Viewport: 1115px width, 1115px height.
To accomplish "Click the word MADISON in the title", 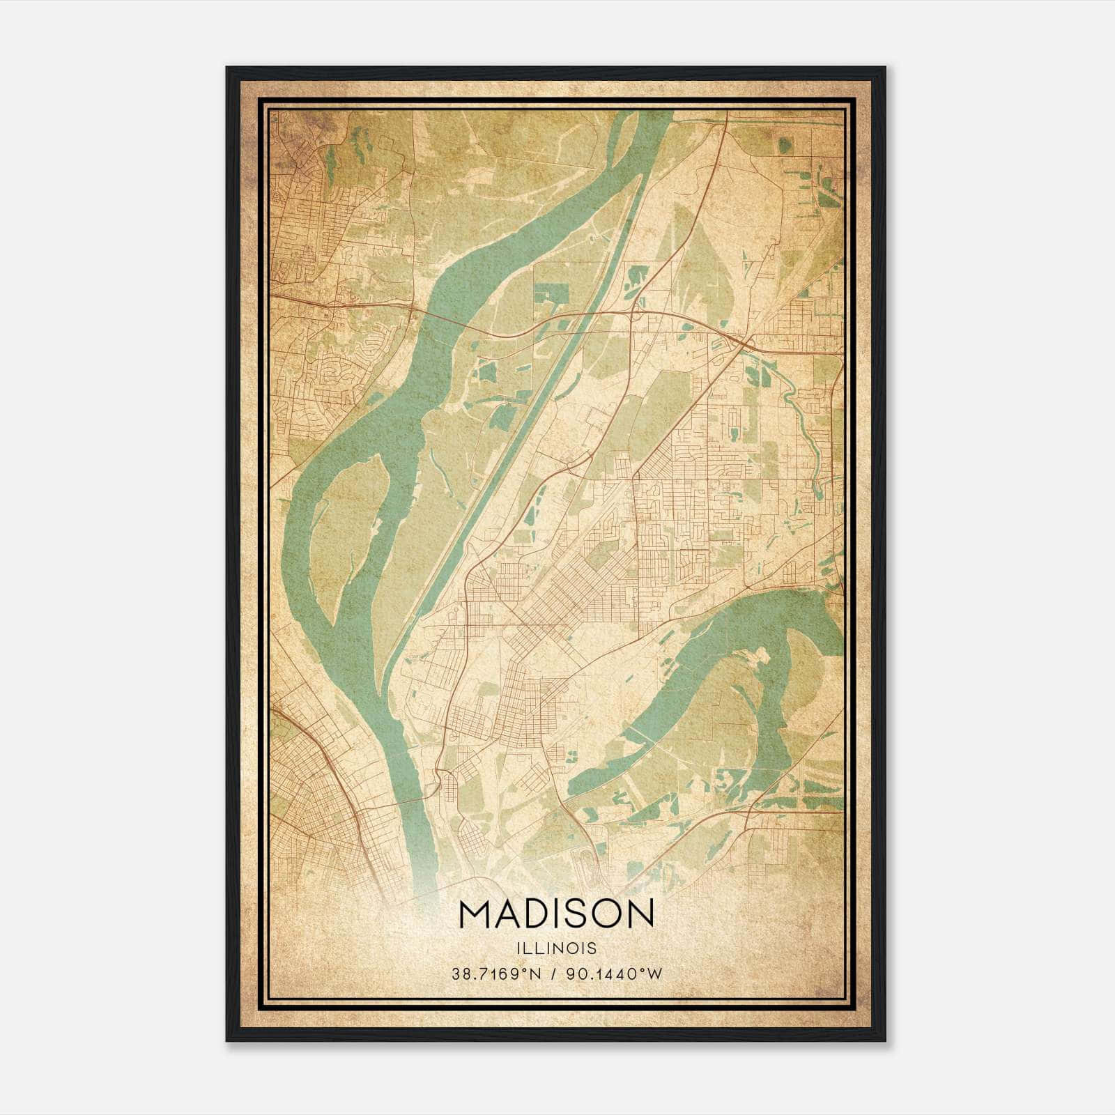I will (557, 914).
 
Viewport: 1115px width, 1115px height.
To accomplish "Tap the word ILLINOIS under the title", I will (557, 948).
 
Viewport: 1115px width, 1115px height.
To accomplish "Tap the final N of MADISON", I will (640, 914).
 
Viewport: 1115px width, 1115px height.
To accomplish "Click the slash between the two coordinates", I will (553, 974).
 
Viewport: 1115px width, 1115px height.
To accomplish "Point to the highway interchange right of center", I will (744, 343).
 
